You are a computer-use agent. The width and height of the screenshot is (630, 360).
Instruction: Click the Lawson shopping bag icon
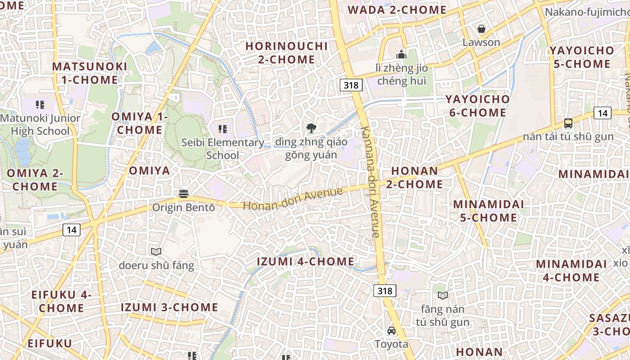tap(481, 29)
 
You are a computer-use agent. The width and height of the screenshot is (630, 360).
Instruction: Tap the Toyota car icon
tap(391, 331)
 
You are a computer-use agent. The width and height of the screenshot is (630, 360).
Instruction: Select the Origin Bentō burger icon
tap(183, 193)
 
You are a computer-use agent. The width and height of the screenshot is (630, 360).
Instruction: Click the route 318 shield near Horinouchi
tap(351, 85)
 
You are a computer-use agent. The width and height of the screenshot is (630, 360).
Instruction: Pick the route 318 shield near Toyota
tap(385, 291)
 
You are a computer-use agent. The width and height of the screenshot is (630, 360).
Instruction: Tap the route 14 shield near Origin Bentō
tap(71, 230)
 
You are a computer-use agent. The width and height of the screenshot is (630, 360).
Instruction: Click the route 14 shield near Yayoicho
tap(603, 113)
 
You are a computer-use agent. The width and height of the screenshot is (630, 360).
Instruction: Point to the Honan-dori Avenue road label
tap(293, 198)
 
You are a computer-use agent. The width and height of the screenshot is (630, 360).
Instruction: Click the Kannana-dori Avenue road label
tap(371, 182)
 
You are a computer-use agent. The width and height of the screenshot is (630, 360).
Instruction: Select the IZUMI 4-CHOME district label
tap(306, 261)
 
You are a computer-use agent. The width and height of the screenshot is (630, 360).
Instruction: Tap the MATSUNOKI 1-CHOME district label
tap(90, 73)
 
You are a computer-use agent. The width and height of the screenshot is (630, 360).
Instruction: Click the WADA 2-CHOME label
tap(397, 10)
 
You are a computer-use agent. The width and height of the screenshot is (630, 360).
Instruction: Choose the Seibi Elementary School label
tap(223, 148)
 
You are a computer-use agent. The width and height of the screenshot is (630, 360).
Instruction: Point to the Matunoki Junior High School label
tap(40, 125)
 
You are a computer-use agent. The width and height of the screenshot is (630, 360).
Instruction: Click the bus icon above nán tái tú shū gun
tap(568, 123)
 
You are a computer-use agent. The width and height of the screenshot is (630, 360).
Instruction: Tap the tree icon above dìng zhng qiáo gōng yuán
tap(311, 129)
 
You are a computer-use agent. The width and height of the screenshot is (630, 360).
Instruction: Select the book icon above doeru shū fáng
tap(156, 252)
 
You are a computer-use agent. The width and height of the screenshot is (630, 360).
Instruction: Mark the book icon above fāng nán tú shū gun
tap(443, 295)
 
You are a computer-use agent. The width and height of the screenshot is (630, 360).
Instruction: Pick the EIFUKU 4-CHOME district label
tap(61, 301)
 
